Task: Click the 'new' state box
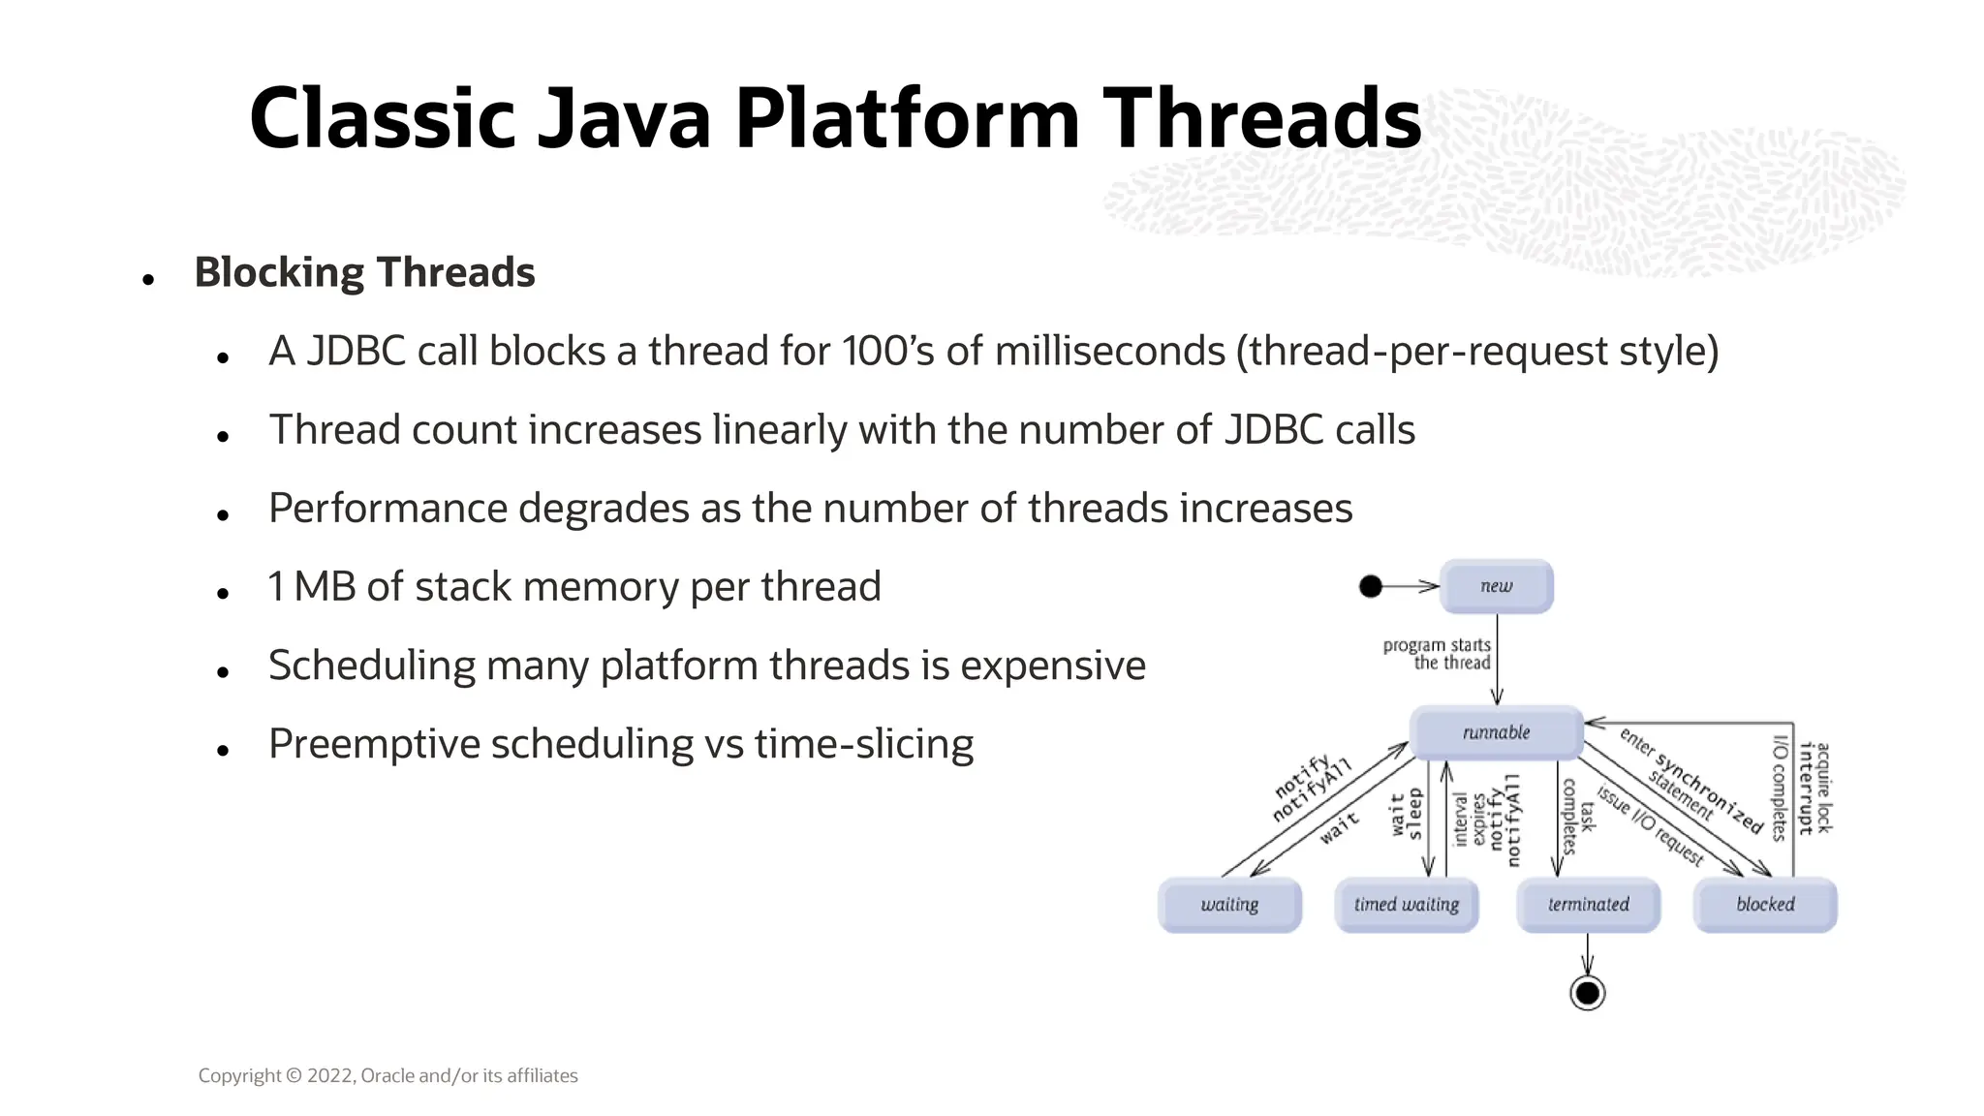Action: [x=1496, y=586]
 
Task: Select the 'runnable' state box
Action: [x=1496, y=732]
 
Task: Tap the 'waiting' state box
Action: [x=1229, y=905]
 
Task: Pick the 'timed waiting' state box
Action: [x=1406, y=905]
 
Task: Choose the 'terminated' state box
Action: [x=1588, y=905]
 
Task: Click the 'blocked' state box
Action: [x=1764, y=905]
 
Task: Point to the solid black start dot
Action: [x=1371, y=586]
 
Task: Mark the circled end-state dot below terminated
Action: [x=1587, y=993]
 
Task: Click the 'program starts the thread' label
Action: [x=1437, y=654]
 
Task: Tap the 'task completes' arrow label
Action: [x=1578, y=816]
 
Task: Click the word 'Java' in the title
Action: [x=624, y=118]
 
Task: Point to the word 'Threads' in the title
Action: [x=1261, y=118]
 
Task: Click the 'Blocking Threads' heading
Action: [x=364, y=272]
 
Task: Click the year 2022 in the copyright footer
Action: [x=330, y=1075]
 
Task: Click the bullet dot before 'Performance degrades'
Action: [x=223, y=514]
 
